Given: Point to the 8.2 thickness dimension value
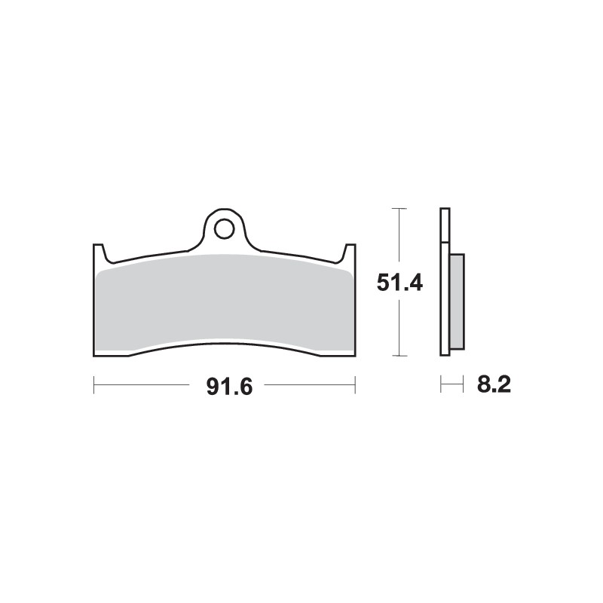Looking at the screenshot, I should click(494, 386).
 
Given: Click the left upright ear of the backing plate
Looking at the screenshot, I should click(98, 253).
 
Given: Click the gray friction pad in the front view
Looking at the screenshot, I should click(224, 301).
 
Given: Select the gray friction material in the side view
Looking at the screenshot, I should click(457, 301).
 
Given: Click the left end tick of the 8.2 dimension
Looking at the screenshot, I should click(441, 385).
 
